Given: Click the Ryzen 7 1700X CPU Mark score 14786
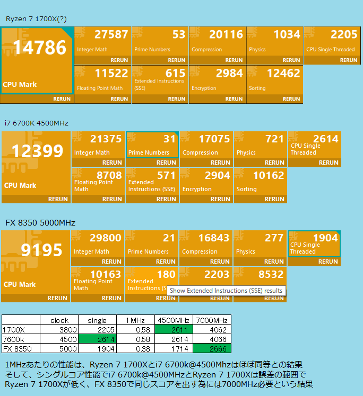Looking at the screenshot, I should tap(40, 48).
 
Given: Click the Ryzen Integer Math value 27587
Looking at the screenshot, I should tap(111, 34).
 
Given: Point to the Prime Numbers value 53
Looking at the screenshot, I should tap(179, 34).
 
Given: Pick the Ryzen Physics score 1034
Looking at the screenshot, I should tap(287, 34).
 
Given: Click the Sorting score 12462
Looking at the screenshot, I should tap(283, 73).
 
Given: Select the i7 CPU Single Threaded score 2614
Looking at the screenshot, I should tap(325, 139).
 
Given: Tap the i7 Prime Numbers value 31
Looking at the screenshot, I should tap(169, 139).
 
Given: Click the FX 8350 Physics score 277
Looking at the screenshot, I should tap(275, 238).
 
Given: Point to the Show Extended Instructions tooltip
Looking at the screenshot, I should tap(226, 291).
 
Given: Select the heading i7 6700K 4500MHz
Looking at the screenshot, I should tap(36, 123).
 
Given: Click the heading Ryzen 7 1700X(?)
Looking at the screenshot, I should tap(36, 19).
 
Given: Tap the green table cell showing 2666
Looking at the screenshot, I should tap(211, 348).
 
